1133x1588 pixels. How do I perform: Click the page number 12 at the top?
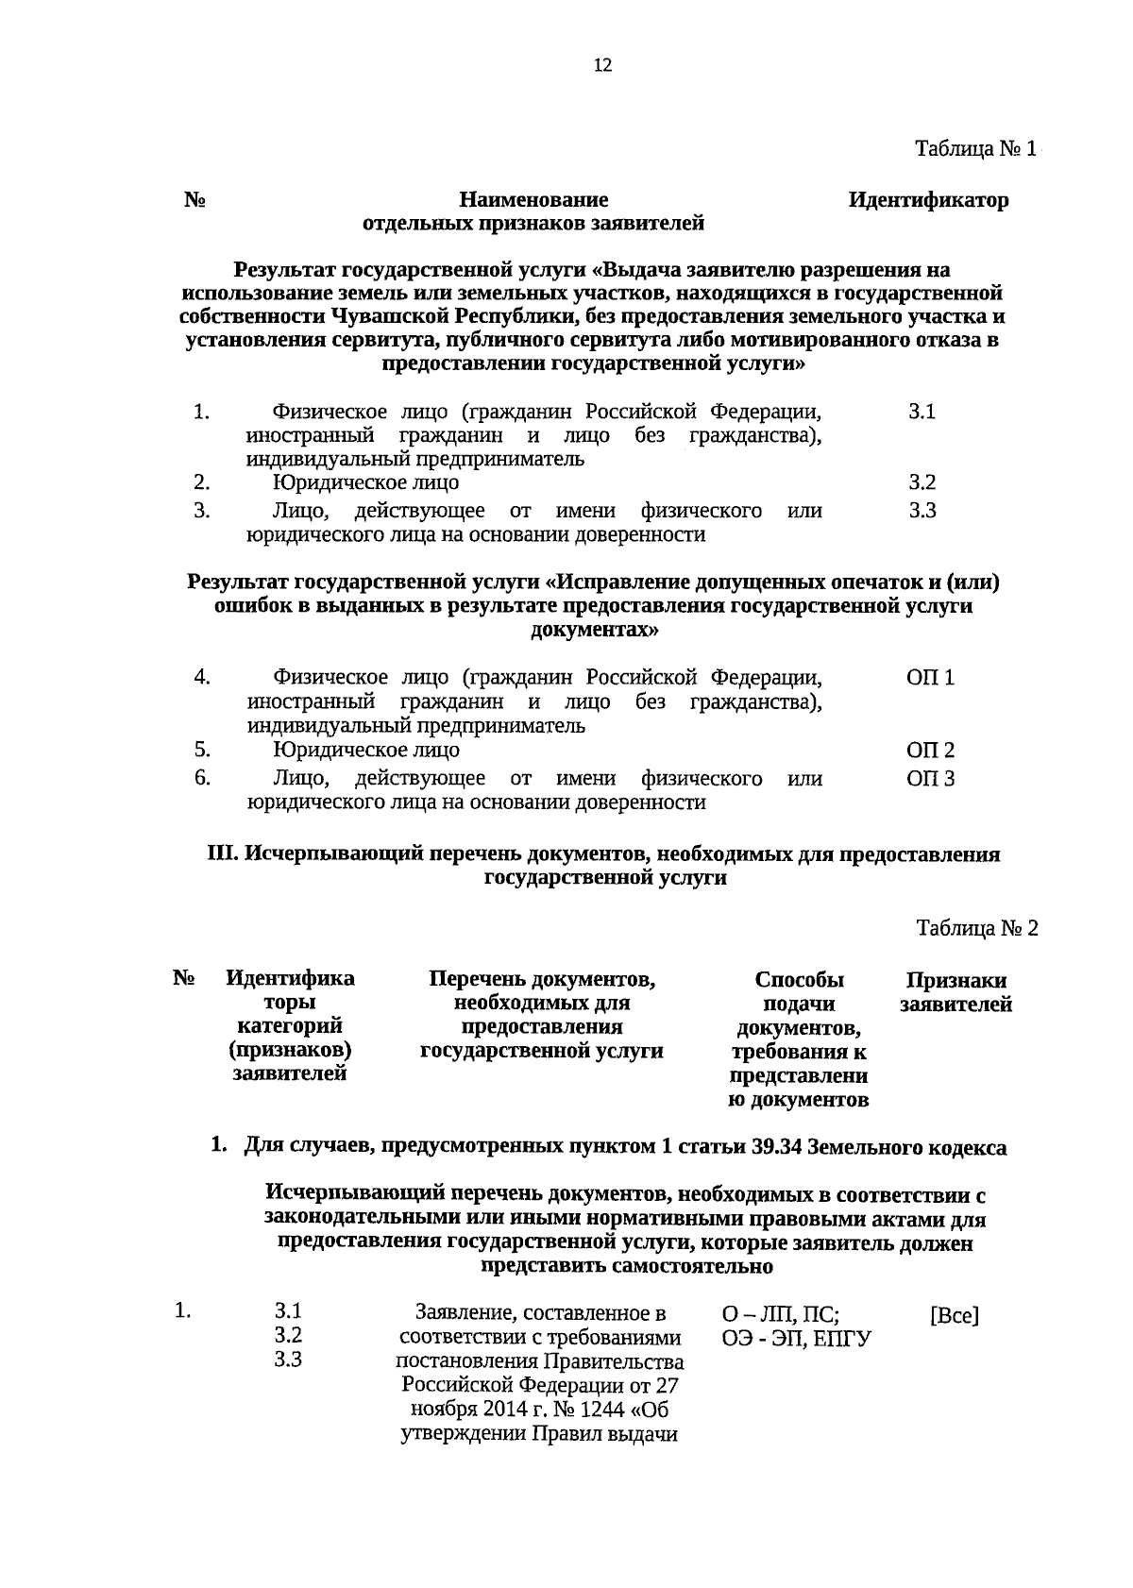tap(602, 65)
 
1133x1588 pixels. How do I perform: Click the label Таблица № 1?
tap(975, 149)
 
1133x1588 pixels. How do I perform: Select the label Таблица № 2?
tap(976, 928)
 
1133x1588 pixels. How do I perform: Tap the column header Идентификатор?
tap(927, 200)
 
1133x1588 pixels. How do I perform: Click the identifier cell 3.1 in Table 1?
tap(922, 412)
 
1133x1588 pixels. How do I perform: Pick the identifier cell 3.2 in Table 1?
tap(922, 482)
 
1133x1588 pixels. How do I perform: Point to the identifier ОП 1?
tap(930, 678)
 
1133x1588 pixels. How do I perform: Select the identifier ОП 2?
tap(930, 751)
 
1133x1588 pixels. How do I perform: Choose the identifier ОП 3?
tap(930, 779)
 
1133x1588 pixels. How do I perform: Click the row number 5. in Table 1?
tap(201, 750)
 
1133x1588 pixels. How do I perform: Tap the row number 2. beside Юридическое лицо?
tap(201, 482)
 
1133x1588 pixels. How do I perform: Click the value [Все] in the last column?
tap(954, 1315)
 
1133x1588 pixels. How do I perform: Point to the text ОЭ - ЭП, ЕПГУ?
tap(796, 1339)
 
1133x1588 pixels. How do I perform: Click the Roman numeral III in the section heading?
tap(222, 854)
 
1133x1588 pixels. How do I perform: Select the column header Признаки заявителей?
tap(955, 992)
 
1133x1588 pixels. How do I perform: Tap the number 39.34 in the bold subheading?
tap(776, 1148)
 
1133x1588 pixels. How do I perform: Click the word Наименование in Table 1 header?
tap(533, 200)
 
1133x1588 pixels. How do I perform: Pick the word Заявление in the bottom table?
tap(462, 1313)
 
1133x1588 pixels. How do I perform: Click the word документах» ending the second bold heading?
tap(594, 630)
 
